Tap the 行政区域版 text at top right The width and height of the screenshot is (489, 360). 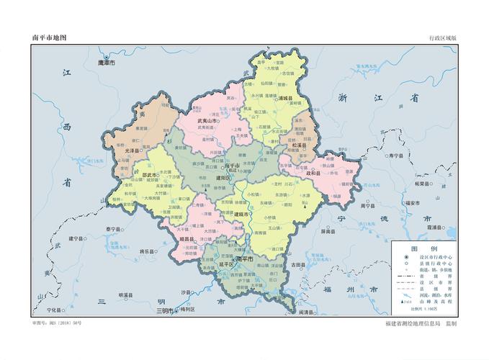point(442,37)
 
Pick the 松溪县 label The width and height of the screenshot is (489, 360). point(298,145)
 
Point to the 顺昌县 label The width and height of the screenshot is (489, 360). point(189,238)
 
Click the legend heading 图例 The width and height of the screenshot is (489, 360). point(420,248)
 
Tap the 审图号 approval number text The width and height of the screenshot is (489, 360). point(57,323)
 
